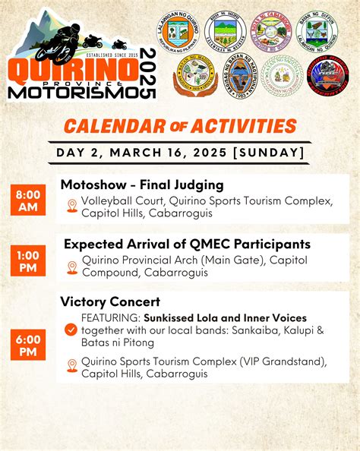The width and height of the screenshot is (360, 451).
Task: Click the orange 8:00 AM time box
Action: point(28,200)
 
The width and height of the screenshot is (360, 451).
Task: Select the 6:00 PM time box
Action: point(28,345)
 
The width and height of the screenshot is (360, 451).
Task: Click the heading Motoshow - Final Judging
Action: point(142,184)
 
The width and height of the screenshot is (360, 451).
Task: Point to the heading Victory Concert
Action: point(110,301)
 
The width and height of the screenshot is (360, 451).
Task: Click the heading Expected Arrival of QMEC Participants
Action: point(187,244)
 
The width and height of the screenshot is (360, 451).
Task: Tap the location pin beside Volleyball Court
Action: point(71,206)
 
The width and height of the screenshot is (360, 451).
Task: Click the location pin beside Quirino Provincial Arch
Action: point(71,266)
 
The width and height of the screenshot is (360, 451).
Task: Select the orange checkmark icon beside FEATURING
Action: point(71,330)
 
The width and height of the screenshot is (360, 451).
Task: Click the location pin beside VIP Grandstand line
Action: point(71,366)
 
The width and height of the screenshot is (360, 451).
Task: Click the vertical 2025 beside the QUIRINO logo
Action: point(148,73)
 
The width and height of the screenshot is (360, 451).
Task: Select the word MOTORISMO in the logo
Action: point(72,92)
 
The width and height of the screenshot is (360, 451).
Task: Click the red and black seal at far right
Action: point(327,75)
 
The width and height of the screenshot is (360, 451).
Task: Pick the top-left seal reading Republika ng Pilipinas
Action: point(182,33)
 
